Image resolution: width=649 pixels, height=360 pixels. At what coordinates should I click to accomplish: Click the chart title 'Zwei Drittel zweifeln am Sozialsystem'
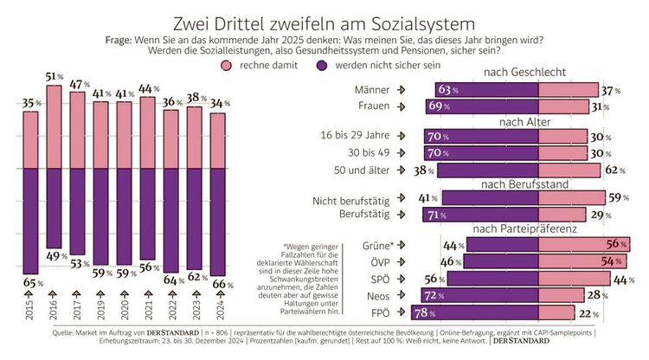pyautogui.click(x=324, y=19)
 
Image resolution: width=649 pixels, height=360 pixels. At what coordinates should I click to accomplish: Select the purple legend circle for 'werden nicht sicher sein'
pyautogui.click(x=320, y=66)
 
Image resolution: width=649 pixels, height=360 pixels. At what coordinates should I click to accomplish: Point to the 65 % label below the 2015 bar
pyautogui.click(x=31, y=281)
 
